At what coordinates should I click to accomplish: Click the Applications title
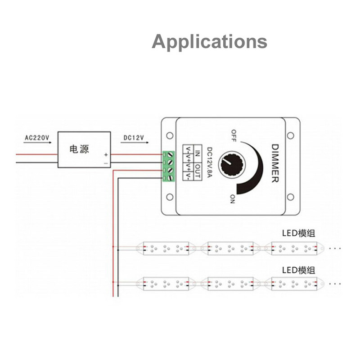[x=209, y=41]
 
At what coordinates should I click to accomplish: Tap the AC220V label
[x=37, y=138]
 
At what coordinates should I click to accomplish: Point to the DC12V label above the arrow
[x=133, y=138]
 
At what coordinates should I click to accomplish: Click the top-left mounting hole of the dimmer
[x=170, y=135]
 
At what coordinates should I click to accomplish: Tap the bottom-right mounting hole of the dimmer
[x=291, y=197]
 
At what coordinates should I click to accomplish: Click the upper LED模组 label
[x=298, y=233]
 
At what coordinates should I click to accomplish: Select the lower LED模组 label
[x=298, y=270]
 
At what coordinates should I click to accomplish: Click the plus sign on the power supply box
[x=106, y=155]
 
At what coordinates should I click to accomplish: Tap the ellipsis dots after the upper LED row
[x=335, y=248]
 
